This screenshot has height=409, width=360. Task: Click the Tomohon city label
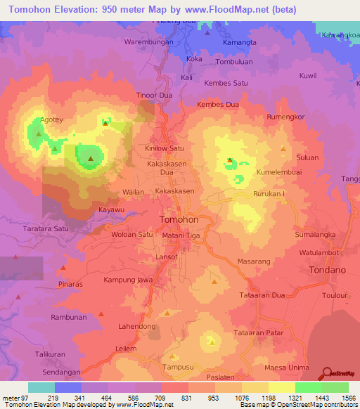pyautogui.click(x=179, y=219)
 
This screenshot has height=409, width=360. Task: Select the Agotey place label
pyautogui.click(x=52, y=119)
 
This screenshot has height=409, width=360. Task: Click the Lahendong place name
pyautogui.click(x=136, y=327)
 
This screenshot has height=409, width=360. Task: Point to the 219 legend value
pyautogui.click(x=53, y=398)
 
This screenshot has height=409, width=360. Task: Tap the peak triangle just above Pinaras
pyautogui.click(x=63, y=268)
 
